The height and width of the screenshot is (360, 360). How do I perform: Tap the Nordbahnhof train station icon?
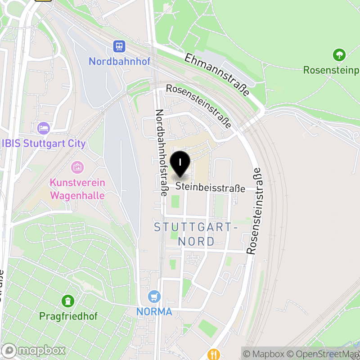click(x=119, y=46)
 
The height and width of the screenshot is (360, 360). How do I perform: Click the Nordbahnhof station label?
click(x=119, y=61)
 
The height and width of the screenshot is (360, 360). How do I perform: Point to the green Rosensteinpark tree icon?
click(x=338, y=55)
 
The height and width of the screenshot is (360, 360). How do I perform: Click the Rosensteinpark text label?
click(x=331, y=70)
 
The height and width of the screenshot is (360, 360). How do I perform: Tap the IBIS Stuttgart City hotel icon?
click(x=43, y=128)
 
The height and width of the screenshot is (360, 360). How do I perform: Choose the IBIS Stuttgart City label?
click(x=44, y=144)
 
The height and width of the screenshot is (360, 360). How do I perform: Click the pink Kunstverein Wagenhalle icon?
click(x=77, y=168)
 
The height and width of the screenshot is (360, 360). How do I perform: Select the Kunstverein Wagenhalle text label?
click(x=77, y=189)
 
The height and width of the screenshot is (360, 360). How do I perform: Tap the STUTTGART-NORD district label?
click(x=196, y=234)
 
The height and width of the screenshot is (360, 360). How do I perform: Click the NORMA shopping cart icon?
click(x=154, y=297)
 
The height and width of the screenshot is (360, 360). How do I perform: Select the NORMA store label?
click(x=154, y=311)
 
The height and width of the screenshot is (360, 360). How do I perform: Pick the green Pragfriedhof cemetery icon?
click(x=68, y=300)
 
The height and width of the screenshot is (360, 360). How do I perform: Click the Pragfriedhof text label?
click(x=68, y=316)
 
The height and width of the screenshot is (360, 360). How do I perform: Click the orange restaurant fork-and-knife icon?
click(x=214, y=354)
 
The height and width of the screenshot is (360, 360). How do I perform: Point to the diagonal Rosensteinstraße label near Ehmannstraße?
click(x=198, y=106)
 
